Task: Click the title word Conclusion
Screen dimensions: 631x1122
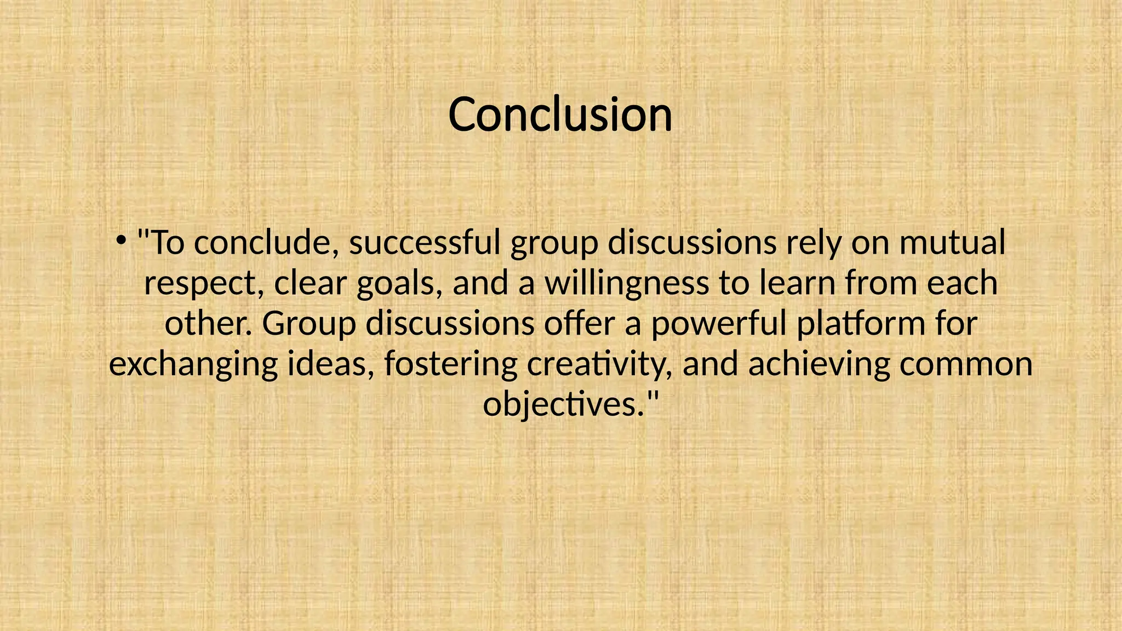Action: [560, 114]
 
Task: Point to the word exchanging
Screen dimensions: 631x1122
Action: [193, 365]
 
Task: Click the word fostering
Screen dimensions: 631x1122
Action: [451, 365]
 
